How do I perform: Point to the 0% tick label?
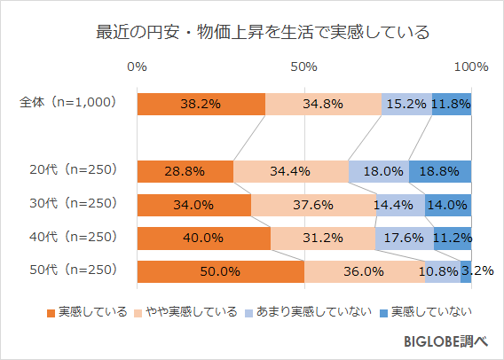tap(138, 67)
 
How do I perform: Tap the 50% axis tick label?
tap(304, 67)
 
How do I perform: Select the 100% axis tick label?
tap(471, 67)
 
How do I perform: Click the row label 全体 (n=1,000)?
tap(68, 103)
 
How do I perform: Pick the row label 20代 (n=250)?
tap(73, 170)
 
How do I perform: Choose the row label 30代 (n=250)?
tap(73, 204)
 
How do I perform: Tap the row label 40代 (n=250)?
tap(73, 238)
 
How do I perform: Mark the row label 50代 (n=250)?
tap(73, 271)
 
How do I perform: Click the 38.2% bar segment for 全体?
tap(201, 104)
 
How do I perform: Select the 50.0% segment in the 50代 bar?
tap(220, 272)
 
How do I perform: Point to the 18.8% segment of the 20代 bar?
tap(440, 171)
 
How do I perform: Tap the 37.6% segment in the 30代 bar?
tap(313, 205)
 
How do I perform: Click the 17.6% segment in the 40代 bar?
tap(404, 239)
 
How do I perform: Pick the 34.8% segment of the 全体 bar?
tap(323, 104)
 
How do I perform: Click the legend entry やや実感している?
tap(186, 311)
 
